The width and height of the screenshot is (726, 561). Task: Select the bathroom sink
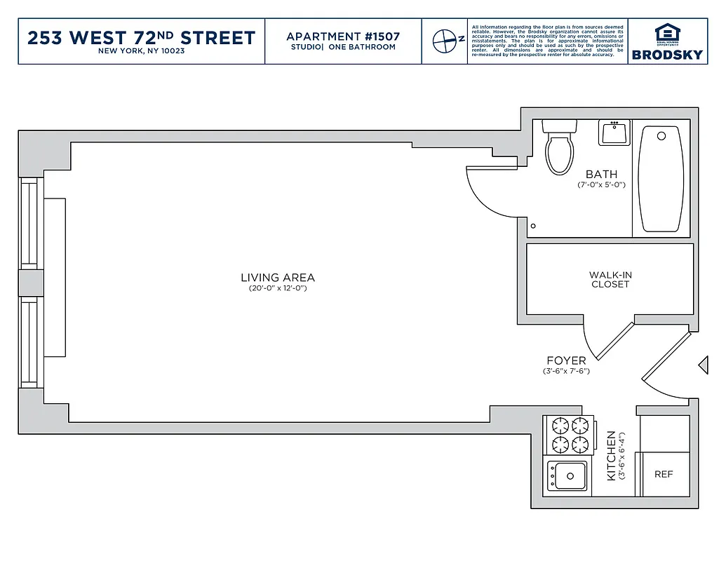tap(614, 133)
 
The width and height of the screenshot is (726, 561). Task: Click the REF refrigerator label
tap(663, 475)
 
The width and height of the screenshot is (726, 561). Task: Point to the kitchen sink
tap(567, 477)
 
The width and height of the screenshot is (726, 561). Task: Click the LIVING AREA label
tap(278, 278)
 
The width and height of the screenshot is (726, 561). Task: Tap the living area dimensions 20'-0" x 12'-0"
tap(278, 288)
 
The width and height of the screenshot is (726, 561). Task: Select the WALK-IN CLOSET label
tap(610, 280)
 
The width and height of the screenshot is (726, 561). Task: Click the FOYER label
tap(566, 361)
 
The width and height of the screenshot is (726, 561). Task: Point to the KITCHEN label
tap(611, 456)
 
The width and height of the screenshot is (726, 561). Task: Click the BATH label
tap(601, 175)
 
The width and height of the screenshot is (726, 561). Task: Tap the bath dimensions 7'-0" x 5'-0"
tap(601, 185)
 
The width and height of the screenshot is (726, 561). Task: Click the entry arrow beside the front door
tap(702, 365)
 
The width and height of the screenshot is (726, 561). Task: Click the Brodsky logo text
tap(667, 55)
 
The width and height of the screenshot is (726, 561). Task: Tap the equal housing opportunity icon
tap(667, 34)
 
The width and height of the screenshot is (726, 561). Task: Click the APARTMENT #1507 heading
tap(343, 36)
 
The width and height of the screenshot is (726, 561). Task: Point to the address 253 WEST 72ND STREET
tap(141, 37)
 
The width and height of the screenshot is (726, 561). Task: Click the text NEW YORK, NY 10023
tap(141, 51)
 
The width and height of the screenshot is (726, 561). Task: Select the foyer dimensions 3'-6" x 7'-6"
tap(566, 371)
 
